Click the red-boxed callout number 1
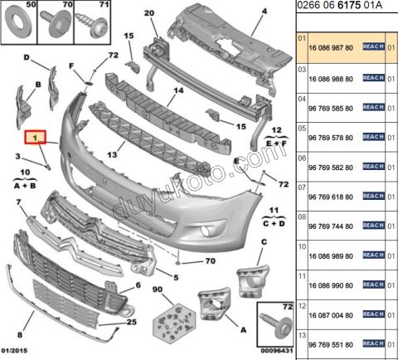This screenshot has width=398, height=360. (35, 137)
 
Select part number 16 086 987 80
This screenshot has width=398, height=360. (331, 48)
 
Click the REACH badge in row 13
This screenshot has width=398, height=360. (373, 343)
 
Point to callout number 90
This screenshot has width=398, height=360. (158, 289)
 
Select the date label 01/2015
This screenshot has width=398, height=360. (14, 351)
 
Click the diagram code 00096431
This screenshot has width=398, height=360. (277, 351)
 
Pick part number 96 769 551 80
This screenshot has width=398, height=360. (331, 345)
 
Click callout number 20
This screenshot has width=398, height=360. (149, 13)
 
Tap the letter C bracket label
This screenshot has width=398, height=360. (264, 242)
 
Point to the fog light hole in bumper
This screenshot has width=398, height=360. (206, 231)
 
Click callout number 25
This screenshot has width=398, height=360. (132, 322)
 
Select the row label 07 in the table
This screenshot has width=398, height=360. (302, 187)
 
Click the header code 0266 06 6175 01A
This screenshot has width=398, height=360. (340, 6)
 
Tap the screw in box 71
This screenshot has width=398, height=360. (92, 23)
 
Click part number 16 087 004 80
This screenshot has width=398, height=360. (331, 315)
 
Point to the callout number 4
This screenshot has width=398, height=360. (265, 12)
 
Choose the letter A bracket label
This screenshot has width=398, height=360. (243, 330)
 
